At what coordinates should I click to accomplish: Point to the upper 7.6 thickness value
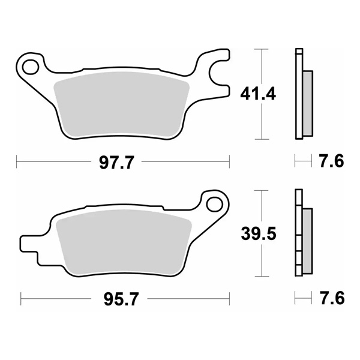point(331,162)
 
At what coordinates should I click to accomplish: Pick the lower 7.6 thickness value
point(331,298)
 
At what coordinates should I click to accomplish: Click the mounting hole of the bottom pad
point(213,205)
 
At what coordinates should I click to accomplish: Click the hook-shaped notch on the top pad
point(217,75)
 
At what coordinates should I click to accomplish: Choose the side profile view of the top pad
point(302,94)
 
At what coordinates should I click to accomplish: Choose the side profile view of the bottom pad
point(302,235)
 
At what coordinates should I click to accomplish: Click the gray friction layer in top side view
point(307,102)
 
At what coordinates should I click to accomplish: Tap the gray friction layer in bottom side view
point(307,240)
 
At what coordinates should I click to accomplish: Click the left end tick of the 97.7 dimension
point(16,162)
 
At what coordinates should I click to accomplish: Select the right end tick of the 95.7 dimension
point(230,298)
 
